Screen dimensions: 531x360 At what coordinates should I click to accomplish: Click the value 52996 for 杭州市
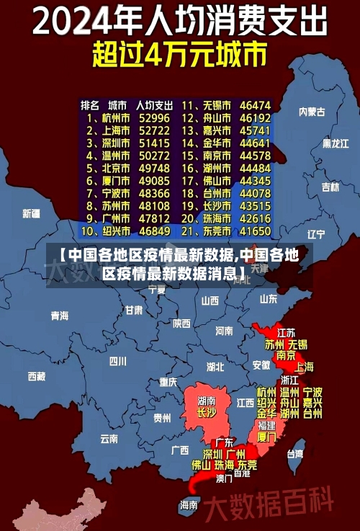[155, 117]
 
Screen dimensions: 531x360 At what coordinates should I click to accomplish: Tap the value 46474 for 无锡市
[255, 104]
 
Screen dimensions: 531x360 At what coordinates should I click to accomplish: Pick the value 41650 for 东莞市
[255, 231]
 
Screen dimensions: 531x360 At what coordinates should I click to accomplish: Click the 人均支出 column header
[155, 104]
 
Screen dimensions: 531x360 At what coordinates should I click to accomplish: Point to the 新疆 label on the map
[31, 213]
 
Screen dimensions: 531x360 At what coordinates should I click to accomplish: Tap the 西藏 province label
[36, 375]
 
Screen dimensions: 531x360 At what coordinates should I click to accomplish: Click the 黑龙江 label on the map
[335, 143]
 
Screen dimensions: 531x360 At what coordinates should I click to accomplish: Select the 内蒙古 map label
[312, 112]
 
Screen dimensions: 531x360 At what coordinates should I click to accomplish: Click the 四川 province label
[117, 360]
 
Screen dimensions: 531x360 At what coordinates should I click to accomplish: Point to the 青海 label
[60, 316]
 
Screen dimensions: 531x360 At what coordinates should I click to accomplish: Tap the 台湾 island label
[295, 454]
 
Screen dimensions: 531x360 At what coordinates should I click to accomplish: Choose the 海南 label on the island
[189, 504]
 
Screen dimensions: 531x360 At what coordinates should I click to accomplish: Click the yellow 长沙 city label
[206, 413]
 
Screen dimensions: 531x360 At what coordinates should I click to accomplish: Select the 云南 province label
[109, 437]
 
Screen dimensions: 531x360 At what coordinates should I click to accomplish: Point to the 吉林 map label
[330, 187]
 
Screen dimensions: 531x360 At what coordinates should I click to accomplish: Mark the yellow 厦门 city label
[266, 437]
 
